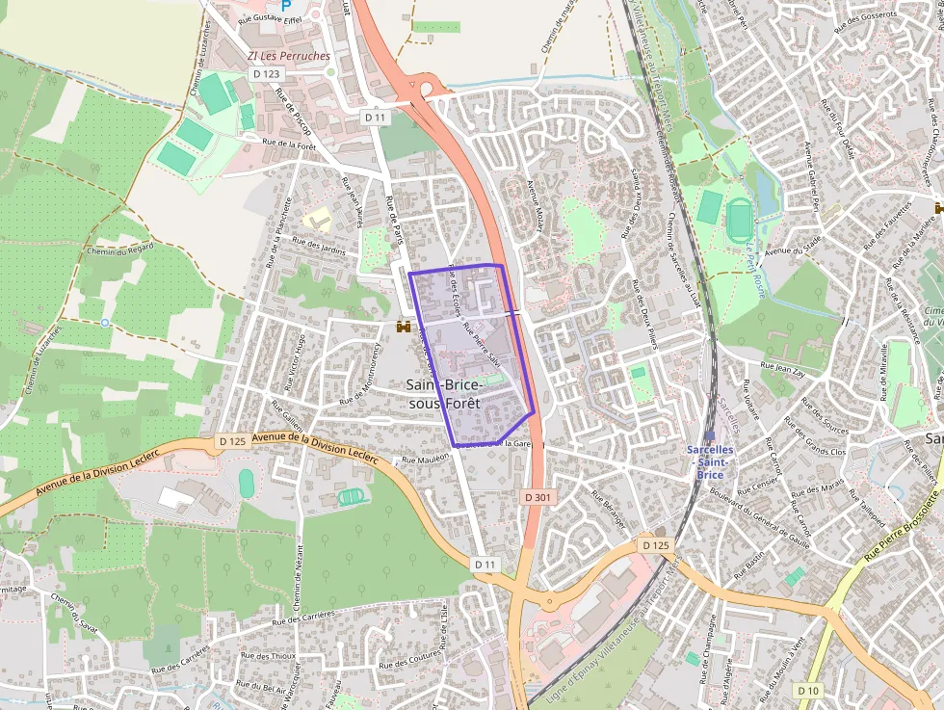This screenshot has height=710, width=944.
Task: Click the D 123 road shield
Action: coord(267,73)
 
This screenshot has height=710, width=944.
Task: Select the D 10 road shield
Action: coord(809,691)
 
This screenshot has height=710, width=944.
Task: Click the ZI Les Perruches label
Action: coord(289,56)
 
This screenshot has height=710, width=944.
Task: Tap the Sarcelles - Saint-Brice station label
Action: coord(710,461)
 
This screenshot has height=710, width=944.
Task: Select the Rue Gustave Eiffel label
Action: coord(272,18)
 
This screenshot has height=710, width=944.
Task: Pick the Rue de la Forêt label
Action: coord(290,145)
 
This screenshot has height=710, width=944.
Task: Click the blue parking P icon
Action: coord(285,5)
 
